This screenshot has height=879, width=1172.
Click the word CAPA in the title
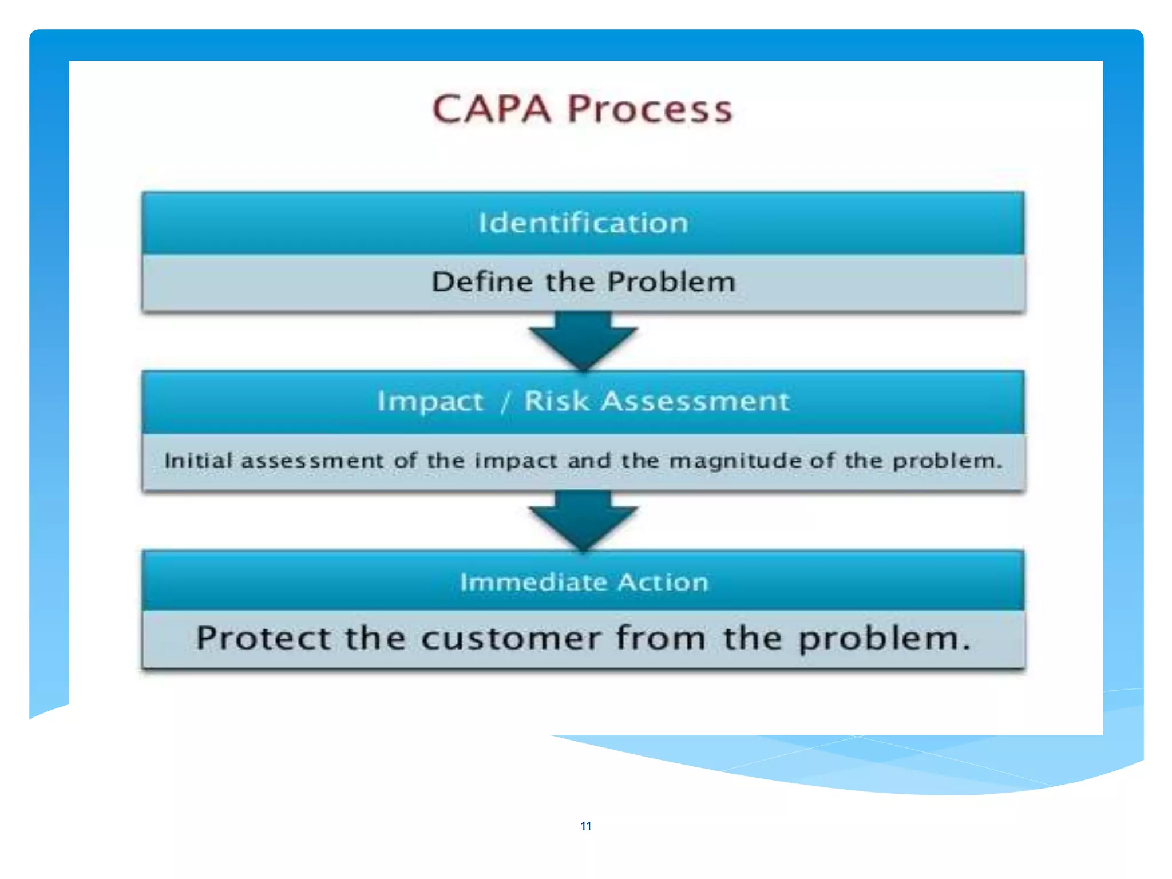[491, 109]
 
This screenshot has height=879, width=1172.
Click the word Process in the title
[650, 109]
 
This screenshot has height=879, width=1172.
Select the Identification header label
[583, 223]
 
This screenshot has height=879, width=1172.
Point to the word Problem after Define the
[671, 282]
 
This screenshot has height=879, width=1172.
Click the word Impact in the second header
[430, 401]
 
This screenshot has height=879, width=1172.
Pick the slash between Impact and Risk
[505, 402]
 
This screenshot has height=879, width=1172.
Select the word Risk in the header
[556, 401]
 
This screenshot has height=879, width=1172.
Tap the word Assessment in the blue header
[695, 401]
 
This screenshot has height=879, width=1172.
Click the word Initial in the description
[198, 460]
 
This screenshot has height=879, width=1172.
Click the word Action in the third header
[663, 582]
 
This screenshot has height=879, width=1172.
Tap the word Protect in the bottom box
[263, 638]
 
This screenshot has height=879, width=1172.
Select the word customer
[511, 638]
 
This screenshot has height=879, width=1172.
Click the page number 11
[585, 826]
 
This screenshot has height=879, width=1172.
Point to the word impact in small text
[516, 461]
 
